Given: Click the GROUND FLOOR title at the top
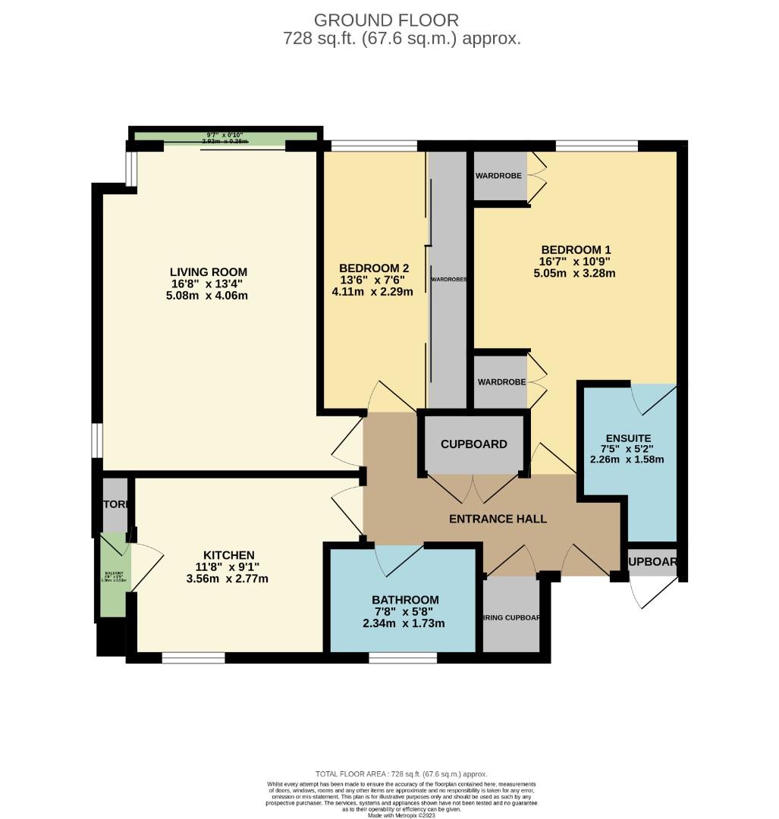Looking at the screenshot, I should click(x=386, y=20).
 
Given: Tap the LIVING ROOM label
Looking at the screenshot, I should click(x=208, y=272).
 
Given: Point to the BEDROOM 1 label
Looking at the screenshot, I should click(x=576, y=249).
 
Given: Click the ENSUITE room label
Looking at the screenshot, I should click(x=628, y=438).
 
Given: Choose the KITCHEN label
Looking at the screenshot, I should click(x=228, y=555).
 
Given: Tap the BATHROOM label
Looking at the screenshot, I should click(x=404, y=600).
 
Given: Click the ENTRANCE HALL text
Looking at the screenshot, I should click(x=498, y=519).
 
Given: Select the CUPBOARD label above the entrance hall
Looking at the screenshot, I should click(x=474, y=444).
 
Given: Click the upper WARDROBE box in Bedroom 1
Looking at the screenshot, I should click(x=500, y=176).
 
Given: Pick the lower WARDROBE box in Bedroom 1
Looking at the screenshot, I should click(x=501, y=381).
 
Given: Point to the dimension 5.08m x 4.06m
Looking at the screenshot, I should click(x=208, y=296).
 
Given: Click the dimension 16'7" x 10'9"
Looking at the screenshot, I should click(x=576, y=262).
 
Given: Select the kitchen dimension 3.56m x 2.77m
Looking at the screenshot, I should click(x=228, y=579).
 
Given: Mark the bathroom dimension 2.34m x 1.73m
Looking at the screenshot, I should click(x=404, y=623).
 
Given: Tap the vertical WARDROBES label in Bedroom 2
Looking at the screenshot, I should click(x=448, y=279).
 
